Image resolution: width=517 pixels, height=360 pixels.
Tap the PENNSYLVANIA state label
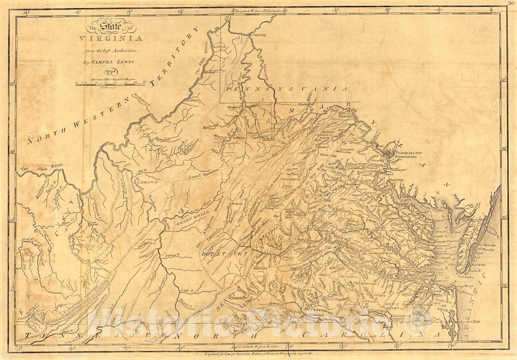pos(287,88)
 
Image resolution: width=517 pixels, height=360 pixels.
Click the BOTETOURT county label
pos(225,254)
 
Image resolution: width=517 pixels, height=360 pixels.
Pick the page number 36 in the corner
pos(511,4)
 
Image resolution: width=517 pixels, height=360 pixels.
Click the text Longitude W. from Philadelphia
pos(258,11)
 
